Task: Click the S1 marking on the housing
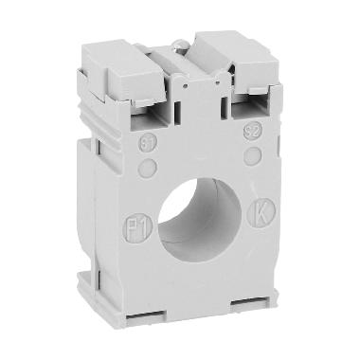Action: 148,144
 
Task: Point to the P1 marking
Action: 135,227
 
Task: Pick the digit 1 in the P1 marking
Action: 140,227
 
